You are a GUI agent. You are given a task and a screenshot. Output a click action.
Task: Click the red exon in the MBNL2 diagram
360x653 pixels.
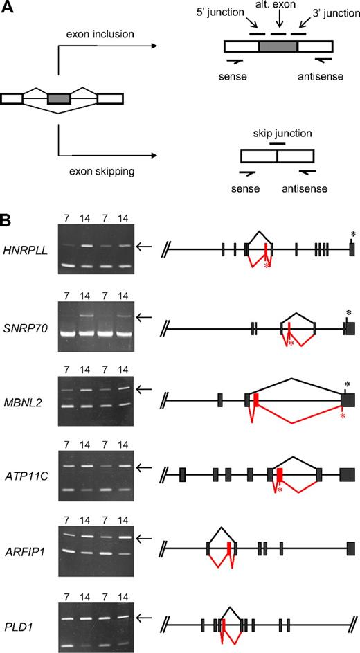coord(256,400)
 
